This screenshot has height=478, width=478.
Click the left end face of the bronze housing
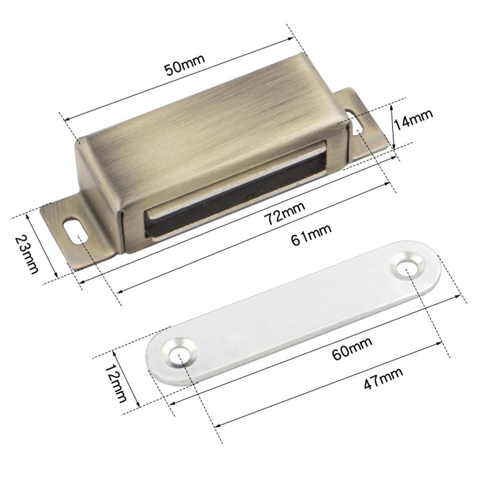coord(98,191)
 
